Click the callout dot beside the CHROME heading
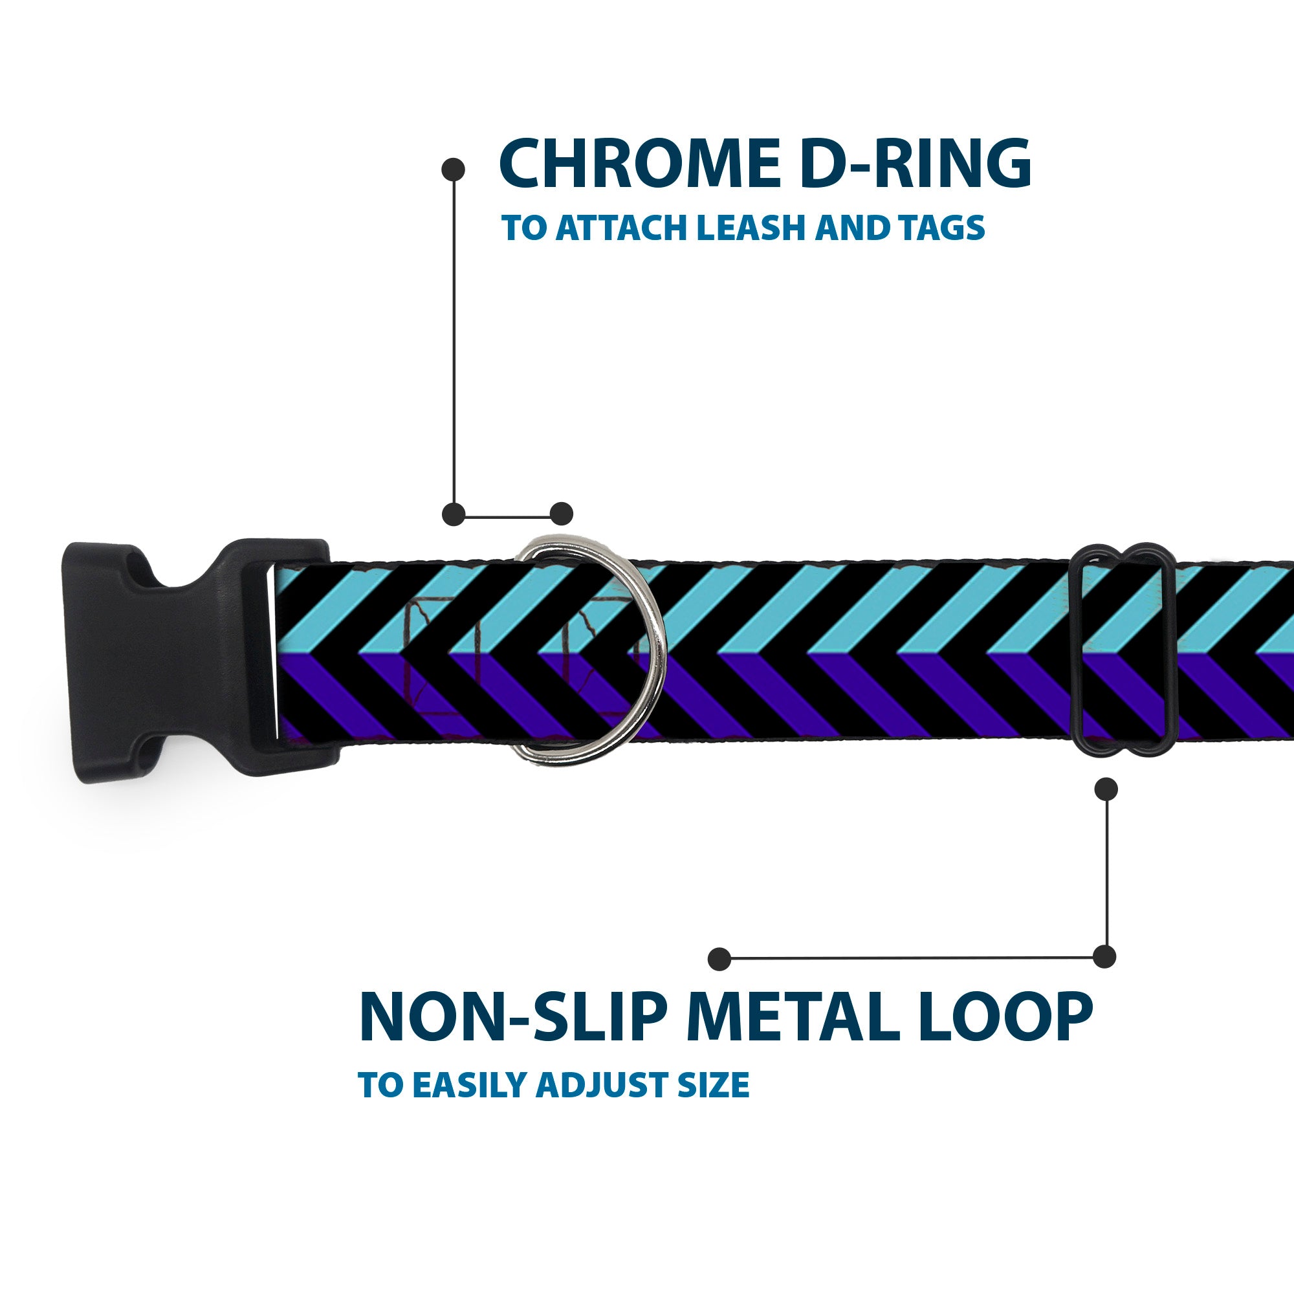454,170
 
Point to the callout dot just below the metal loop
1106,789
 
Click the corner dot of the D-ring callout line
454,514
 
